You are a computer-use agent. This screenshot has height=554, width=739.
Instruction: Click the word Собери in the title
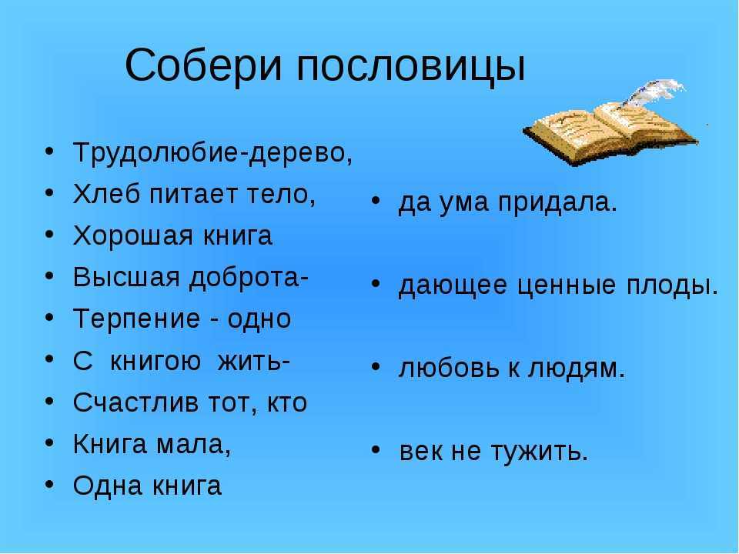[203, 65]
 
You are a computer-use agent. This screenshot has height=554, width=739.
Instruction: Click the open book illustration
[610, 132]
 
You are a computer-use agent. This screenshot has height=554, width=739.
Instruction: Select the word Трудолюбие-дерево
[212, 153]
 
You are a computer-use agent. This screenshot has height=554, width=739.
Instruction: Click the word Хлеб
[106, 193]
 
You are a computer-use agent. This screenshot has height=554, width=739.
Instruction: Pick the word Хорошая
[133, 236]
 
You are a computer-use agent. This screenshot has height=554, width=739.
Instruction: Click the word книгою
[155, 362]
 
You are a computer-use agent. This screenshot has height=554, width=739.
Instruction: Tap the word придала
[557, 203]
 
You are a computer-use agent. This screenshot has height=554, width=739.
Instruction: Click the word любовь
[448, 368]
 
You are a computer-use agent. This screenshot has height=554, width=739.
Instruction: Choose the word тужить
[540, 452]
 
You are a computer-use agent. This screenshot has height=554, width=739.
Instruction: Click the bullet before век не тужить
[376, 450]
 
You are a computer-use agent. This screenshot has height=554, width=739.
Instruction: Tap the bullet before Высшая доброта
[50, 276]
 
